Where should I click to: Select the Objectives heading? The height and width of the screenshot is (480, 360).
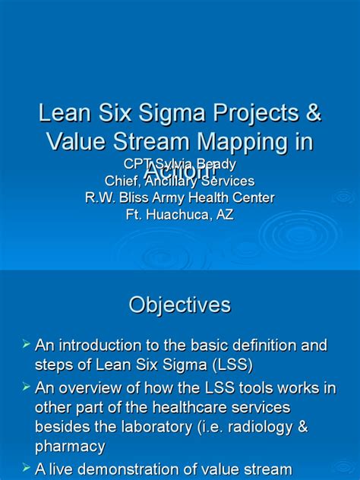179,305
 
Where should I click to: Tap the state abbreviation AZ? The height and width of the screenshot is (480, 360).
225,214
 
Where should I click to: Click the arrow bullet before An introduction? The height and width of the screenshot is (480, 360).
25,346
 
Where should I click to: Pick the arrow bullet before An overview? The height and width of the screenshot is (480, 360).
25,387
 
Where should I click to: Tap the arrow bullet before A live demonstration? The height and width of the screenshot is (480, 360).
25,468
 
